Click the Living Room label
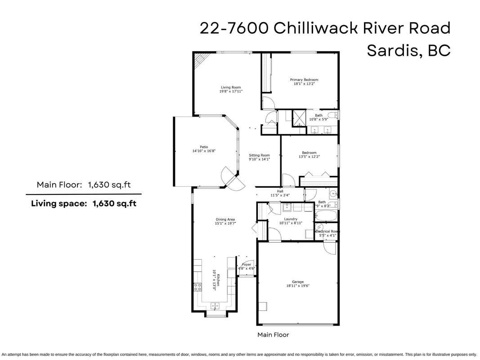[x=231, y=87]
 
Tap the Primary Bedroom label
[x=304, y=80]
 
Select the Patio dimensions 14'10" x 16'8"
[x=204, y=151]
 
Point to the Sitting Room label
[x=260, y=155]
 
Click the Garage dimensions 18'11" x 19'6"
[x=298, y=286]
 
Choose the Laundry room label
[x=291, y=219]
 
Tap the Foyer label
[x=247, y=265]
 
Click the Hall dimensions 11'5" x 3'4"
[x=280, y=195]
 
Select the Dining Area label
[x=225, y=220]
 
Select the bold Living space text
[x=59, y=203]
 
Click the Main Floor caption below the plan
[x=273, y=335]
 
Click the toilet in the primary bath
[x=332, y=116]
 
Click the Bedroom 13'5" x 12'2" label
[x=309, y=155]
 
